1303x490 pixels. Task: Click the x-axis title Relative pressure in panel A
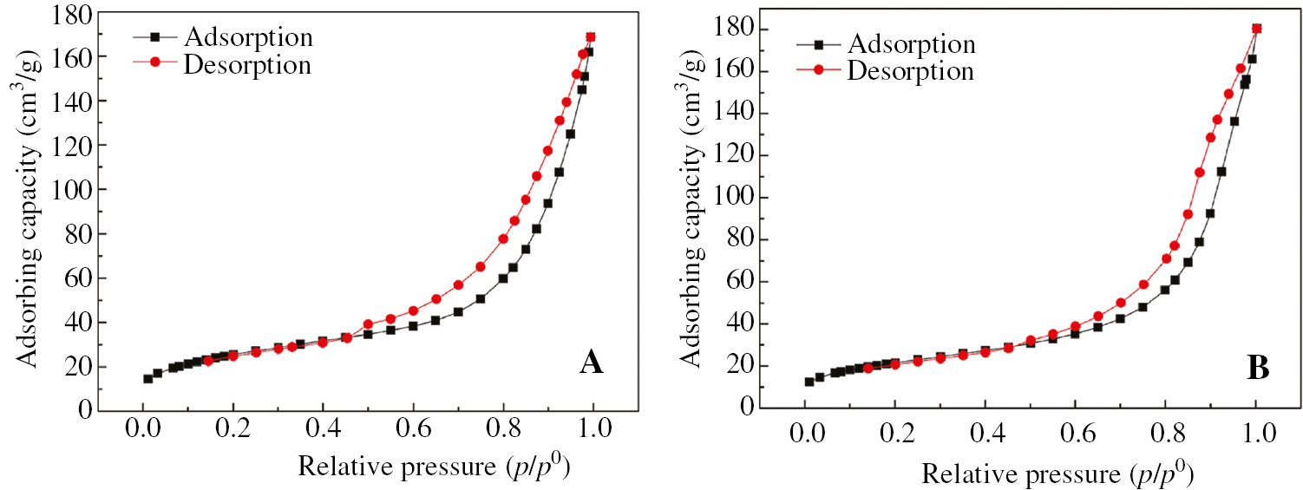[x=435, y=467]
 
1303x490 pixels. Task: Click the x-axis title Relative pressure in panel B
[x=1057, y=474]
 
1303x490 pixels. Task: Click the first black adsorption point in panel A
[x=147, y=378]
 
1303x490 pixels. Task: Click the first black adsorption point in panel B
[x=809, y=382]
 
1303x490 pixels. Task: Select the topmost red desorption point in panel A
[x=591, y=37]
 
